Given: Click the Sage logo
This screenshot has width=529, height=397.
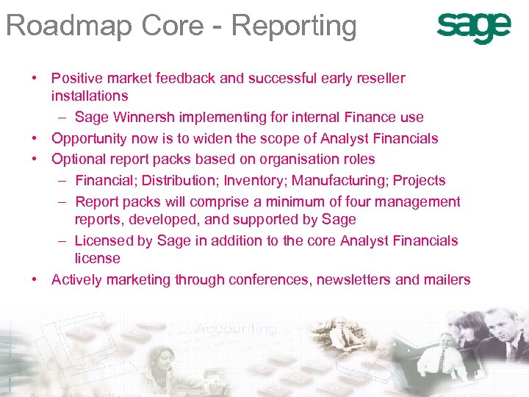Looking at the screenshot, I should [x=473, y=28].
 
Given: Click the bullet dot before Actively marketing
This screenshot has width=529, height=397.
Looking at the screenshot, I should [x=35, y=280].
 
